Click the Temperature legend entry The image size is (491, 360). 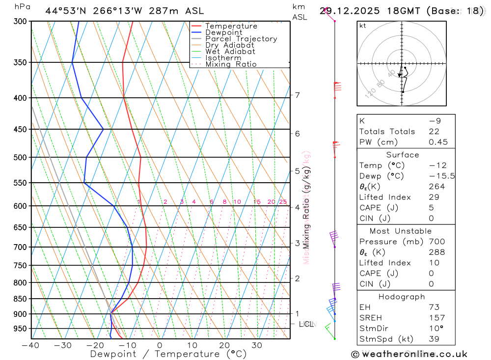(231, 26)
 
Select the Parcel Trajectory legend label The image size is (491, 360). (241, 39)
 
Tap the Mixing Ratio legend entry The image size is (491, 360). (231, 64)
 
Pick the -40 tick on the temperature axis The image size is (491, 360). (30, 345)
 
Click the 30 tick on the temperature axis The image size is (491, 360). (257, 345)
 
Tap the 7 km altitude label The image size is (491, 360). (297, 95)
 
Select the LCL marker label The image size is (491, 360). (306, 324)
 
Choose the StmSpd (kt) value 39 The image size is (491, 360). (434, 339)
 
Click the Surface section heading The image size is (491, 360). (403, 155)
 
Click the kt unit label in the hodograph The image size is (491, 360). (363, 26)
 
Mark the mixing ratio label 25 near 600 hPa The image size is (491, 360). (283, 202)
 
